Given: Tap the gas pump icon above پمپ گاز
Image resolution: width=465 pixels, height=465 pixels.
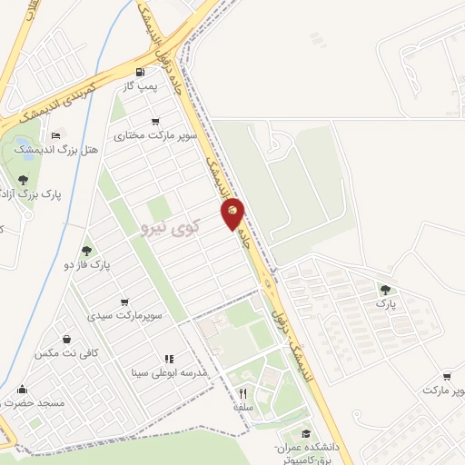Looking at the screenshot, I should point(139,73).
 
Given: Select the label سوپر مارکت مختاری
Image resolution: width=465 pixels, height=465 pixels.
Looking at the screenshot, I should point(143,134).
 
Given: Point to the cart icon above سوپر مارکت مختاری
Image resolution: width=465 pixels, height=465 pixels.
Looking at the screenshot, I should point(156,122).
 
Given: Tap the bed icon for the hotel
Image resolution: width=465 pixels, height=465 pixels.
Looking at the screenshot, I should point(56,135).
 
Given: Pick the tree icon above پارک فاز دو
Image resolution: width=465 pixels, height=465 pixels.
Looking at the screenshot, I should point(87,251).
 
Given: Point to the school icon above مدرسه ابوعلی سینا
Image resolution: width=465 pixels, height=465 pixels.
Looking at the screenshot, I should point(169,359).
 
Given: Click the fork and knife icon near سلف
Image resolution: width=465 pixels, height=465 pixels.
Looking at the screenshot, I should point(242,394).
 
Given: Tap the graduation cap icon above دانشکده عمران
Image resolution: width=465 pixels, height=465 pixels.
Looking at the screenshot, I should point(307,434).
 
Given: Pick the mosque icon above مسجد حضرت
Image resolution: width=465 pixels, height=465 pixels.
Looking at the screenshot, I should point(22,390).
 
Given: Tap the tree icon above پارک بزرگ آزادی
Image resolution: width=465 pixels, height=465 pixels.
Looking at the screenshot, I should point(23,180).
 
